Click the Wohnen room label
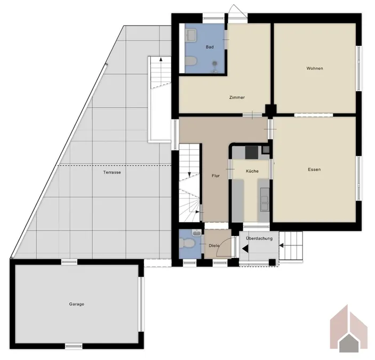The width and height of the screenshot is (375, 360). point(315,68)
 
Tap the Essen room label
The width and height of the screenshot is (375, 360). point(314,170)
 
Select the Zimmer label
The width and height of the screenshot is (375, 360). point(236,98)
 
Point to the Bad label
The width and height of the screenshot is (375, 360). point(210,47)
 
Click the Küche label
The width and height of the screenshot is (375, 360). point(252,171)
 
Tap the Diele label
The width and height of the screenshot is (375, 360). point(214,245)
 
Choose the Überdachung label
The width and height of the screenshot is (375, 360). point(259,238)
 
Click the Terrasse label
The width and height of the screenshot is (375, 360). point(112,172)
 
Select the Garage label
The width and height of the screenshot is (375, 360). point(76,304)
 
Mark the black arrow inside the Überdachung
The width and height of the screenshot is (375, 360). point(245,247)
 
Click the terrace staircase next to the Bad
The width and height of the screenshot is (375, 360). point(158,72)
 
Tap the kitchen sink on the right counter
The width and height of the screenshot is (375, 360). point(264,201)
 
